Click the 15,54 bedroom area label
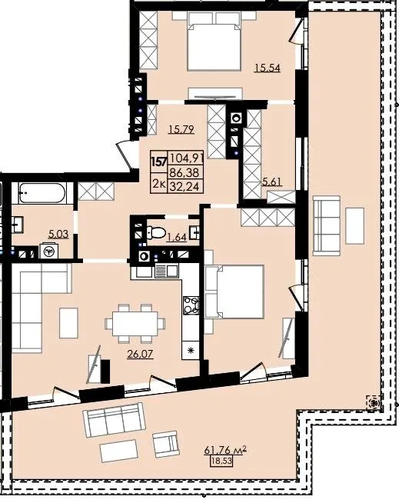[x=267, y=68]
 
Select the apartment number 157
[x=159, y=162]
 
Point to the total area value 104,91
[x=186, y=158]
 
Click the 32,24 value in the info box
[x=184, y=186]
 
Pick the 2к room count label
[x=158, y=184]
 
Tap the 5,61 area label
[x=272, y=182]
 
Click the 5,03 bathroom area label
[x=58, y=234]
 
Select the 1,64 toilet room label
[x=177, y=237]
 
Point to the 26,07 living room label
[x=140, y=354]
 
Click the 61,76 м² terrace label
[x=225, y=451]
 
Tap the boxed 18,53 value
[x=221, y=461]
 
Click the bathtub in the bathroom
[x=42, y=193]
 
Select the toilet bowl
[x=156, y=232]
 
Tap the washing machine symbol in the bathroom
[x=49, y=251]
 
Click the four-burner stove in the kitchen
[x=191, y=305]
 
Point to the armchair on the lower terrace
[x=165, y=444]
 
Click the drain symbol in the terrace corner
[x=374, y=401]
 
